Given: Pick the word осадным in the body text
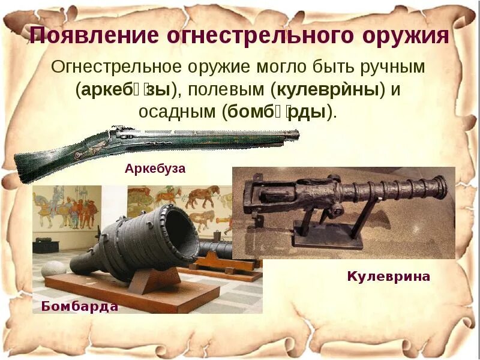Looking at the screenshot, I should (177, 112).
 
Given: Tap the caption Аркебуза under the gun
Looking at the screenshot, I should (155, 169).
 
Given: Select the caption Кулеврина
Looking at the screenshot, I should (389, 277).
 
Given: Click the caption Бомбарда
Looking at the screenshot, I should (80, 307).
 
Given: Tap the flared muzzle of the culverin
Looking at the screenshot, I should (441, 187).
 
